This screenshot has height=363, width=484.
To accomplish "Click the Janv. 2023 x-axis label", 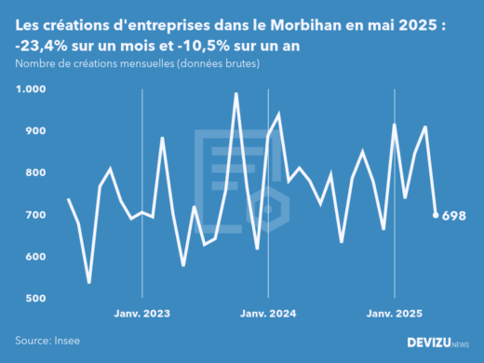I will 141,314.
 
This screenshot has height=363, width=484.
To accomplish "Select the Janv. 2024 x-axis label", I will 268,314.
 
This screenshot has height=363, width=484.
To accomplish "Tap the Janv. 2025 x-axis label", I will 394,314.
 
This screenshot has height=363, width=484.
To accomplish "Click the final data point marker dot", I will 437,215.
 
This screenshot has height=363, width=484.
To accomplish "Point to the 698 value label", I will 454,216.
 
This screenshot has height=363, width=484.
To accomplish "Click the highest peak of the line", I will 236,93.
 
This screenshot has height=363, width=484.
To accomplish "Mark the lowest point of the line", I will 89,282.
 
